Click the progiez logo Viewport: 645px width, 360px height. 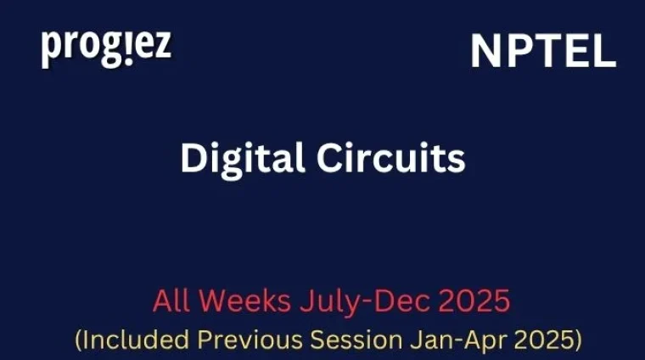point(106,48)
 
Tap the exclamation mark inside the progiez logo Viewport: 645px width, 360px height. point(129,48)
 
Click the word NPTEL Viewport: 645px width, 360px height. point(543,53)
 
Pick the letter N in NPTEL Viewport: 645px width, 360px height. point(485,53)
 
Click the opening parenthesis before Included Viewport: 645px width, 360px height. point(79,341)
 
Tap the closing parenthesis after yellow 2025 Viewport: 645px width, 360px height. point(577,341)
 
